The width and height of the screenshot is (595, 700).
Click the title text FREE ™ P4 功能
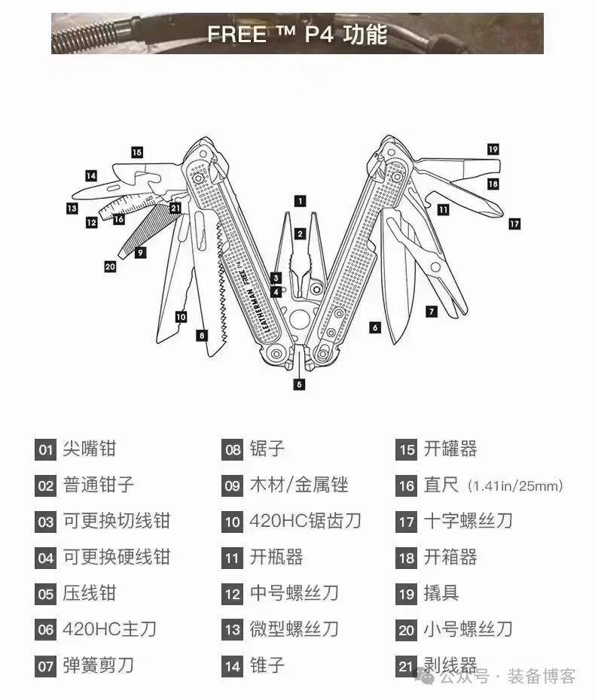coord(297,35)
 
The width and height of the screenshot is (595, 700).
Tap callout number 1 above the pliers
coord(300,200)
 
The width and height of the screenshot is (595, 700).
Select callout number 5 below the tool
coord(299,385)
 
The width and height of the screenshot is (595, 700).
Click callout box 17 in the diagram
coord(514,224)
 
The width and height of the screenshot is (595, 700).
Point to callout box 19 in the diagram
coord(493,149)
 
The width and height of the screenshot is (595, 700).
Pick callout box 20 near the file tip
coord(110,266)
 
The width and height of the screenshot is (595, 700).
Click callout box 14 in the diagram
coord(91,175)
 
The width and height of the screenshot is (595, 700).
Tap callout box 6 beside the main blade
coord(375,327)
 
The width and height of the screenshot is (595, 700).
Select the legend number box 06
coord(46,629)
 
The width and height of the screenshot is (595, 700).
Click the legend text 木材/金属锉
coord(299,485)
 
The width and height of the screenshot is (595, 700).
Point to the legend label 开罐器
coord(450,449)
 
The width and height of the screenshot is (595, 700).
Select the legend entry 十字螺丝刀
coord(468,521)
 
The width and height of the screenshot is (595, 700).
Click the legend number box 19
coord(407,594)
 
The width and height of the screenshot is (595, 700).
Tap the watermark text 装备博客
coord(542,676)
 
